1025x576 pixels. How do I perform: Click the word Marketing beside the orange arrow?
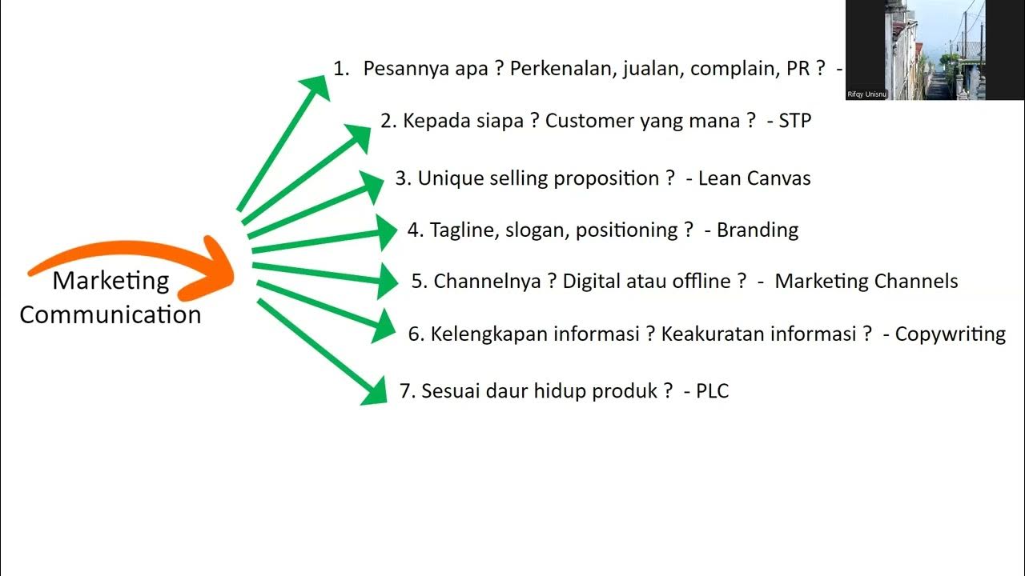click(111, 281)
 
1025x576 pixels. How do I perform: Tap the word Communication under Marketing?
click(111, 314)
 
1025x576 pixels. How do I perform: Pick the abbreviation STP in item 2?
click(794, 121)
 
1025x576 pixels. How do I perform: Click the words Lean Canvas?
click(754, 178)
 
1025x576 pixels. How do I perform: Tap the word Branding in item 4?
click(758, 230)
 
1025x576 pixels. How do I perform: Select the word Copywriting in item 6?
click(950, 334)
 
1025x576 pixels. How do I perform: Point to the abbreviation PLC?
click(712, 391)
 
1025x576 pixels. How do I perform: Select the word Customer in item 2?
click(589, 121)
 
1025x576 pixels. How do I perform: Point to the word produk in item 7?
click(625, 391)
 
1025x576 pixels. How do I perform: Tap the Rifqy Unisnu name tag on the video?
click(866, 94)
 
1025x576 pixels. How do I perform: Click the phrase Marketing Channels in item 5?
click(866, 282)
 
